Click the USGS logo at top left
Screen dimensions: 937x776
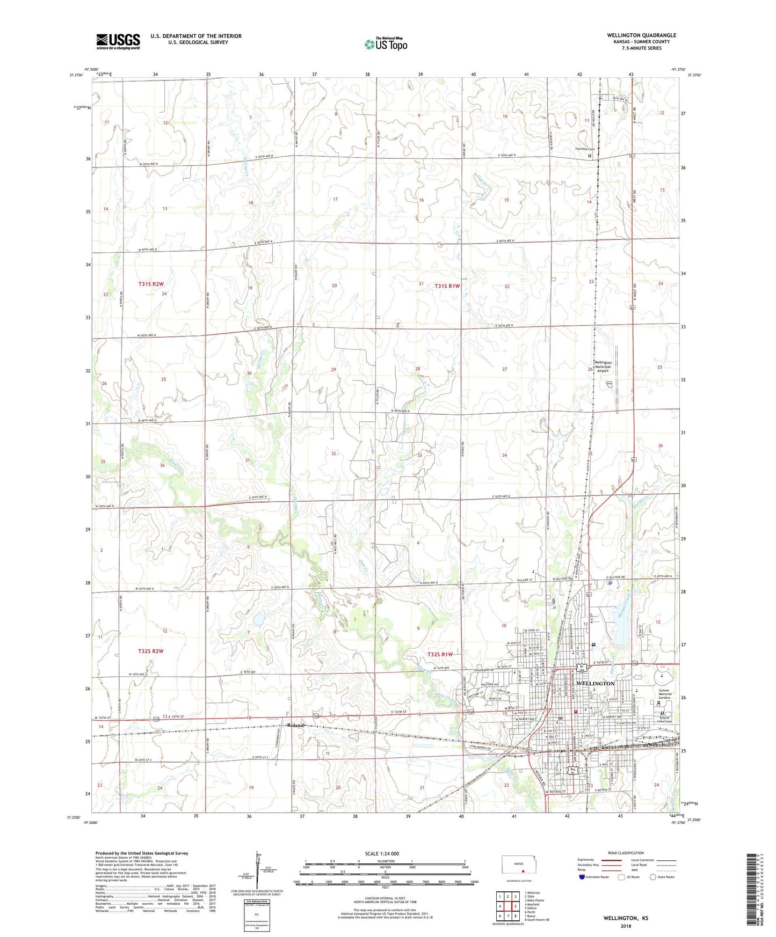point(118,41)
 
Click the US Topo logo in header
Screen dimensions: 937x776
point(385,44)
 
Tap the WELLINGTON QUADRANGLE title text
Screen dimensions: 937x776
point(641,35)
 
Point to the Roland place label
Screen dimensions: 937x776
point(295,725)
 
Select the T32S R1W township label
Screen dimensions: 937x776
point(440,654)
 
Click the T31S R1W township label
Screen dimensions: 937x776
point(447,286)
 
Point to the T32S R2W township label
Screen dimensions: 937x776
point(150,651)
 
